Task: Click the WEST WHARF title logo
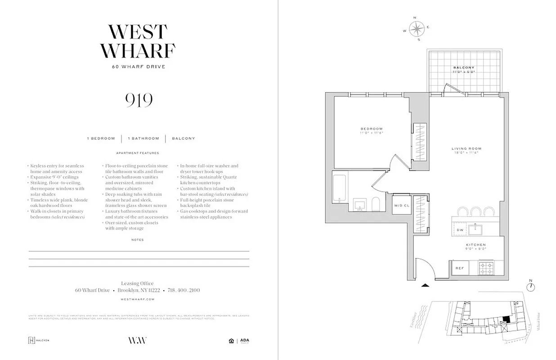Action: [x=138, y=41]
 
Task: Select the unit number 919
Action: [x=139, y=100]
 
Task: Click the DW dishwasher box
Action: [x=460, y=230]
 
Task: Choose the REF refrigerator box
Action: [x=460, y=268]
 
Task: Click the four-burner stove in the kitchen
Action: [x=486, y=269]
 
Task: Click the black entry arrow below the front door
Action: [x=424, y=285]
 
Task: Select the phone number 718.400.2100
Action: [x=184, y=291]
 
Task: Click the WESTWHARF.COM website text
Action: [x=138, y=299]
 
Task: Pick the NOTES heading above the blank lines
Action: [x=138, y=240]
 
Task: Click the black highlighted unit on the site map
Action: [x=507, y=319]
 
